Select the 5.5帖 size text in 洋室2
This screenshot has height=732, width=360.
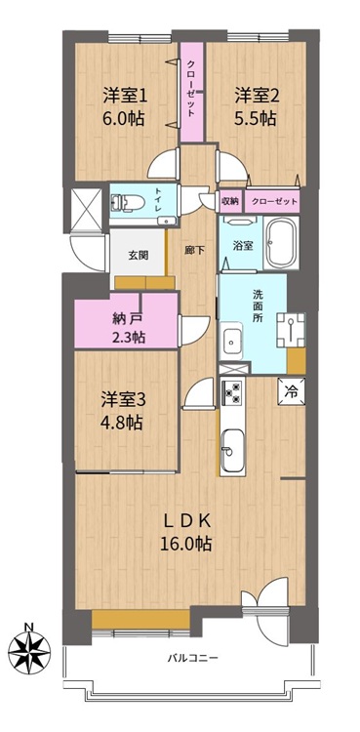tap(255, 119)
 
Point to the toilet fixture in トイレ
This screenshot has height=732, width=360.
tap(122, 204)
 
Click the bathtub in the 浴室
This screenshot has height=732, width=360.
tap(282, 243)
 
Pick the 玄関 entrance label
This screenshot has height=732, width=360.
tap(139, 255)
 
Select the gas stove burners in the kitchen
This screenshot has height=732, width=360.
tap(232, 392)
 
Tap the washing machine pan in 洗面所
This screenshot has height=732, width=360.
tap(291, 329)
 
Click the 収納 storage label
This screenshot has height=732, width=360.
tap(229, 201)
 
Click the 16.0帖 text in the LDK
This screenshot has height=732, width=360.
tap(186, 544)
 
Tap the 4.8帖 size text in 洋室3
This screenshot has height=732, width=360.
tap(122, 424)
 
